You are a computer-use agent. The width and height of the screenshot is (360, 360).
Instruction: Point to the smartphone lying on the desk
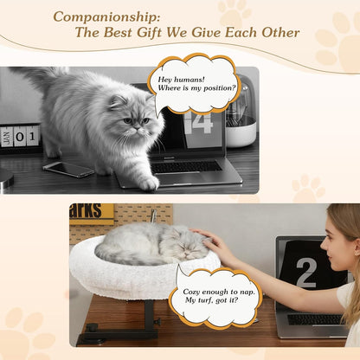(x=68, y=169)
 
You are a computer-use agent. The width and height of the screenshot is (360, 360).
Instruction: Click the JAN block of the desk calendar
(x=6, y=137)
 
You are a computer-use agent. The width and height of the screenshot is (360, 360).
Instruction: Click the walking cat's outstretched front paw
(x=148, y=183)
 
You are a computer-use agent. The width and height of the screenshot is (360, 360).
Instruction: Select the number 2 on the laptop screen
(x=305, y=273)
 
